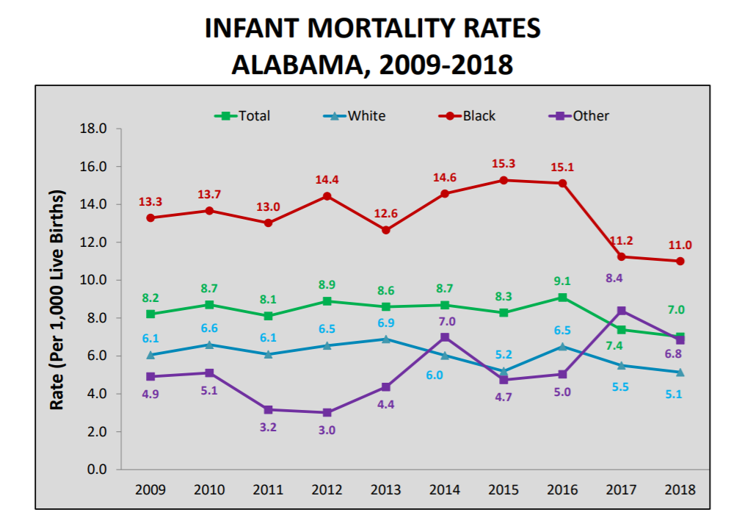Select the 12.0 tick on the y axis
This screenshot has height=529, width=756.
[x=92, y=242]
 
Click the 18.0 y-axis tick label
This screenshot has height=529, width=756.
[x=92, y=129]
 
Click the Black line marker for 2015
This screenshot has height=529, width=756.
[x=504, y=180]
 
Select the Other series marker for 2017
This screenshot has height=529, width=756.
[x=622, y=311]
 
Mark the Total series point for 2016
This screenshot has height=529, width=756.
[x=562, y=298]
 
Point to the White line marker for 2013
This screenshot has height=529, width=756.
[x=386, y=339]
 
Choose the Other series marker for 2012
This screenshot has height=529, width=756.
[x=327, y=413]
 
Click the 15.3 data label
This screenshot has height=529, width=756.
[x=504, y=163]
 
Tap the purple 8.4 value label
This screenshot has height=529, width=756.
[x=614, y=278]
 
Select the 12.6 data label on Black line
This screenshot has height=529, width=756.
[x=386, y=214]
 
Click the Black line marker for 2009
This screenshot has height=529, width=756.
[x=150, y=217]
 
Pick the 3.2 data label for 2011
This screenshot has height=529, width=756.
[x=268, y=427]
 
